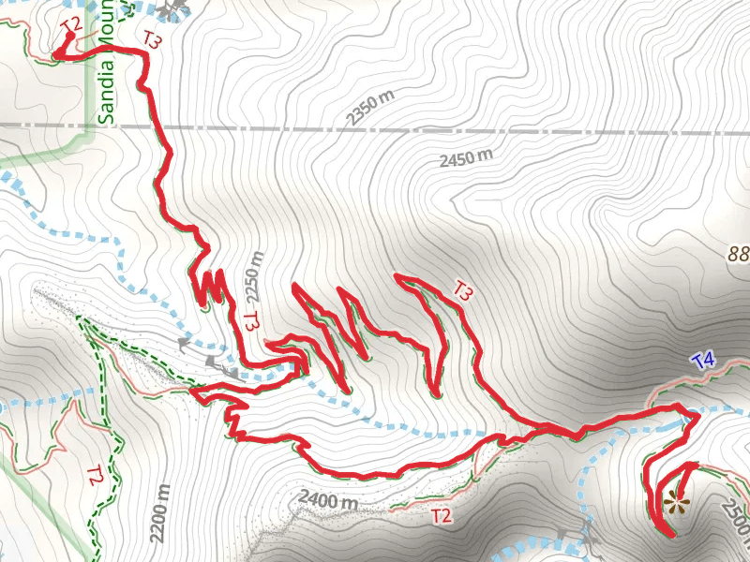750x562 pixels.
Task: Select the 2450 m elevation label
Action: [467, 157]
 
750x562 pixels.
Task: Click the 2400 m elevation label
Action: [329, 499]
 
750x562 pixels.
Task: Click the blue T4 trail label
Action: [703, 360]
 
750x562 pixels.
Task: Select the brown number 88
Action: [740, 253]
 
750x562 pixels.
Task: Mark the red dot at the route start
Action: [69, 37]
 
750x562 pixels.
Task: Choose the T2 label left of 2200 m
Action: [94, 475]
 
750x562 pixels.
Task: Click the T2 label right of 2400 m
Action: [441, 514]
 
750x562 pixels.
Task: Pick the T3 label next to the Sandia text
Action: [155, 38]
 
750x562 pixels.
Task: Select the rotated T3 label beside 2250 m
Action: [250, 321]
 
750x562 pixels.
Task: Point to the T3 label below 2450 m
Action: [462, 290]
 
